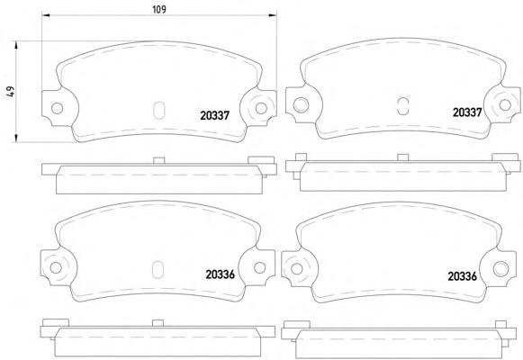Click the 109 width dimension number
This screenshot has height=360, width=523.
(159, 9)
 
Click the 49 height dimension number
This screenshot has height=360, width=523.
(11, 92)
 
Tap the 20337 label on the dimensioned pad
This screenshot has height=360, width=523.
(215, 115)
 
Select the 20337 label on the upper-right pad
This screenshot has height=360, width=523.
(467, 112)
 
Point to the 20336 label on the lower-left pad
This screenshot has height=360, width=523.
(221, 274)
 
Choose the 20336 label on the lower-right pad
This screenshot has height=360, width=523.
(463, 276)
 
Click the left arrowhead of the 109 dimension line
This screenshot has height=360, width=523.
(46, 15)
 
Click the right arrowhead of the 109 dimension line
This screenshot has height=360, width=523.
(273, 15)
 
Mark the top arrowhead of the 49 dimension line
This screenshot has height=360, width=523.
(15, 45)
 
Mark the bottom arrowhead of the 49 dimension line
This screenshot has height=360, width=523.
(15, 138)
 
